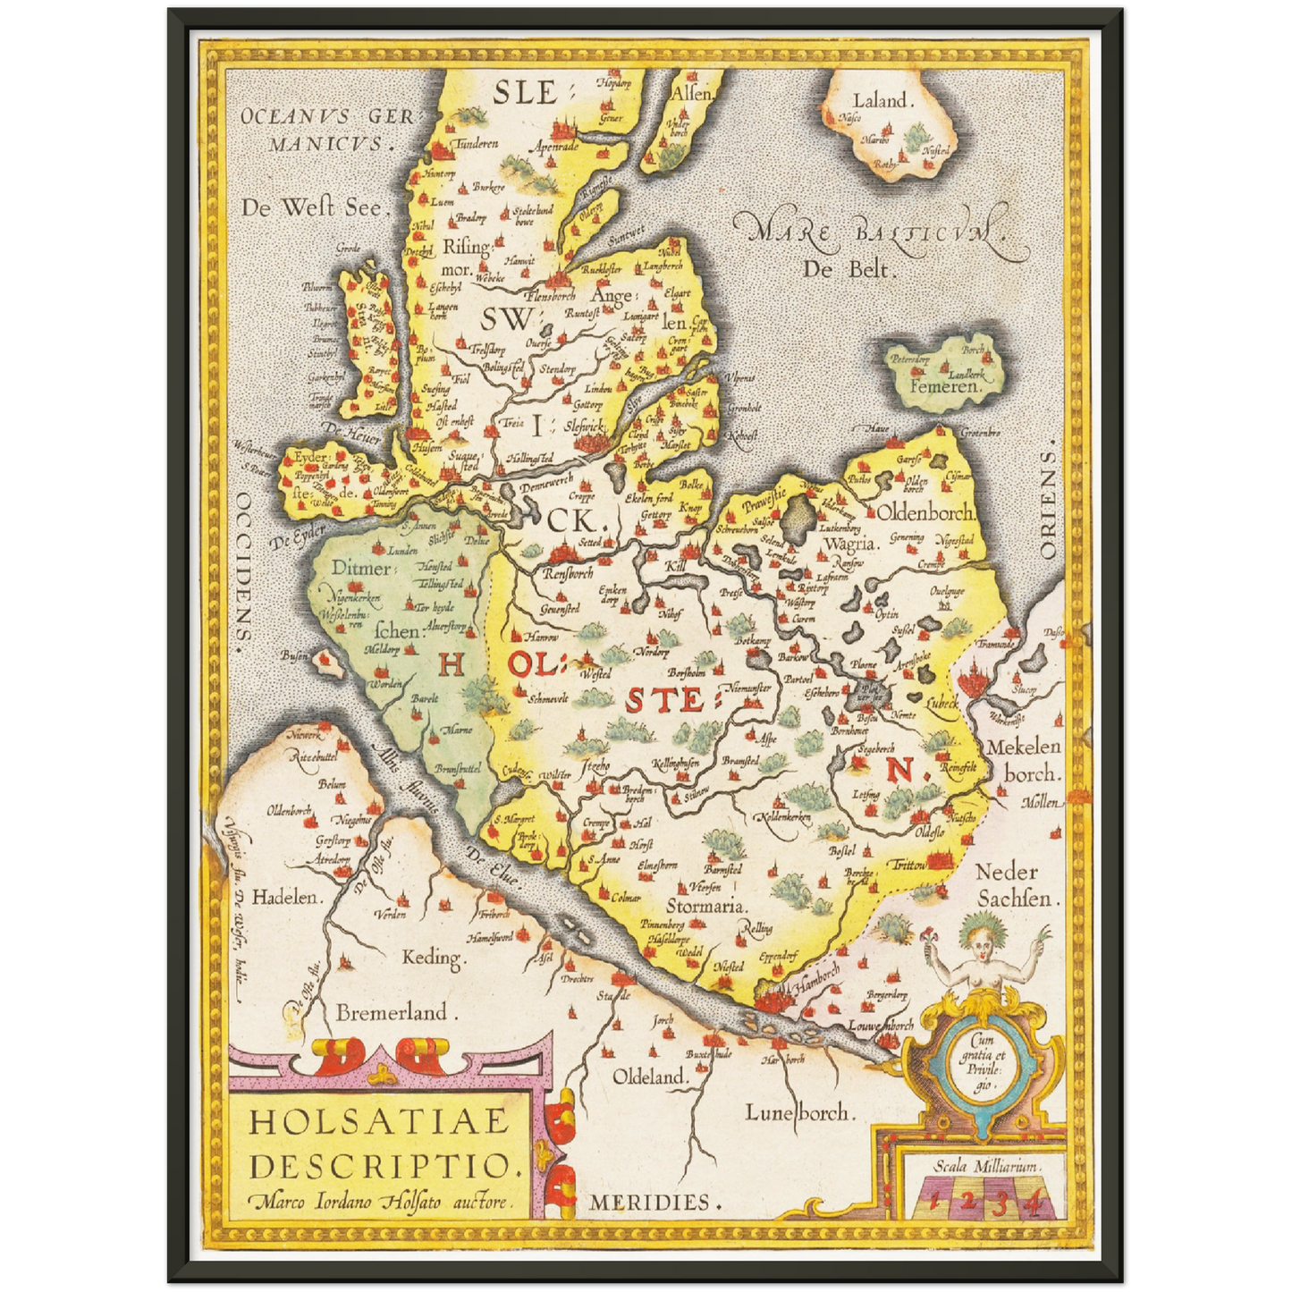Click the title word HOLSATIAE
pyautogui.click(x=378, y=1121)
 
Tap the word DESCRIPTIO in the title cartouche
pyautogui.click(x=385, y=1165)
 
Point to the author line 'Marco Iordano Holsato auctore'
pyautogui.click(x=383, y=1202)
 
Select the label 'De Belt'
pyautogui.click(x=849, y=268)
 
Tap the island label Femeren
pyautogui.click(x=945, y=387)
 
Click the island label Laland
pyautogui.click(x=881, y=101)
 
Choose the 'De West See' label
pyautogui.click(x=313, y=207)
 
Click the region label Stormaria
pyautogui.click(x=705, y=906)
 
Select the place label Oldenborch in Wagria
pyautogui.click(x=925, y=512)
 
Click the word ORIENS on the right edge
pyautogui.click(x=1047, y=502)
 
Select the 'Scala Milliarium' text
pyautogui.click(x=986, y=1166)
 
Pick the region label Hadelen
pyautogui.click(x=284, y=897)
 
